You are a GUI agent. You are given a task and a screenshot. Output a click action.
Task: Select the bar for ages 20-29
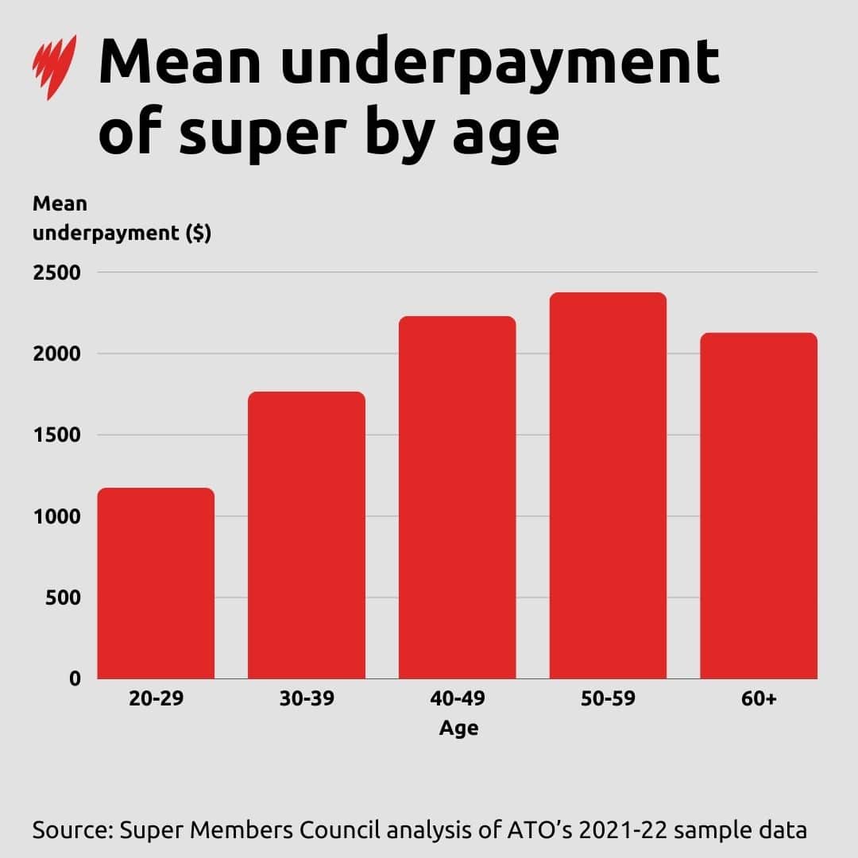(156, 584)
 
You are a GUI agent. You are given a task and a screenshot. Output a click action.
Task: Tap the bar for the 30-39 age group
(307, 536)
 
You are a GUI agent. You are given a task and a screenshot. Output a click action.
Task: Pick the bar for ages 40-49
(458, 498)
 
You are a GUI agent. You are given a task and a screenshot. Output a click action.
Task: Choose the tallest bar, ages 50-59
(608, 486)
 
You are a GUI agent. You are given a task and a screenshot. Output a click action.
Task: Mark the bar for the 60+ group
(758, 506)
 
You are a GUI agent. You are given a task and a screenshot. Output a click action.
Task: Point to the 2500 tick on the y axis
(56, 272)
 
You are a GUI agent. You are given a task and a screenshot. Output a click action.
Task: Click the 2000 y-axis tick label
(56, 354)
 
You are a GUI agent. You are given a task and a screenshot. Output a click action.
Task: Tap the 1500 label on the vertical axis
(56, 435)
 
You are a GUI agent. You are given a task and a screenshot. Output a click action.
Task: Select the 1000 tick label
(56, 516)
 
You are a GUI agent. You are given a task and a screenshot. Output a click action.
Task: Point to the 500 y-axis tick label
(63, 597)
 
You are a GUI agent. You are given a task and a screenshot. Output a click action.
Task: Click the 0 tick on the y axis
(75, 678)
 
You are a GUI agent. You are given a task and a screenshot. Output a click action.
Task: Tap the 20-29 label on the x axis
(156, 700)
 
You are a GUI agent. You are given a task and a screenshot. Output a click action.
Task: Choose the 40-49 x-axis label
(458, 700)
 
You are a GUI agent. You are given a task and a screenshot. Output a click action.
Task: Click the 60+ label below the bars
(758, 700)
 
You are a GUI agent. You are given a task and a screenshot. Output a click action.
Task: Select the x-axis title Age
(458, 728)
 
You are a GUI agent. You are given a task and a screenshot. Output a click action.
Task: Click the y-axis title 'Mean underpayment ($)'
(121, 218)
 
